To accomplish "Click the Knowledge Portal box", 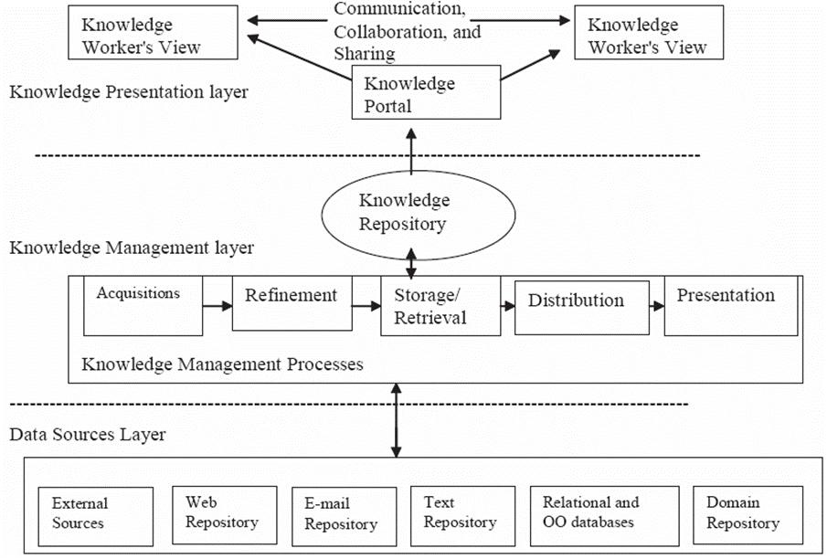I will (x=426, y=94).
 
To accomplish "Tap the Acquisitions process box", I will (x=143, y=306).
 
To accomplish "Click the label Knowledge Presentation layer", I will (x=129, y=91).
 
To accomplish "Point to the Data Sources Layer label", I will (x=88, y=434).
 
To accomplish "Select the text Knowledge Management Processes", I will (x=222, y=364).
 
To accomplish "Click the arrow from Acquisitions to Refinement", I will (x=217, y=307).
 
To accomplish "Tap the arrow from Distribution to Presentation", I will (x=656, y=308).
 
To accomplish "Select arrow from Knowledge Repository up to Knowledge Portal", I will (x=411, y=150).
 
